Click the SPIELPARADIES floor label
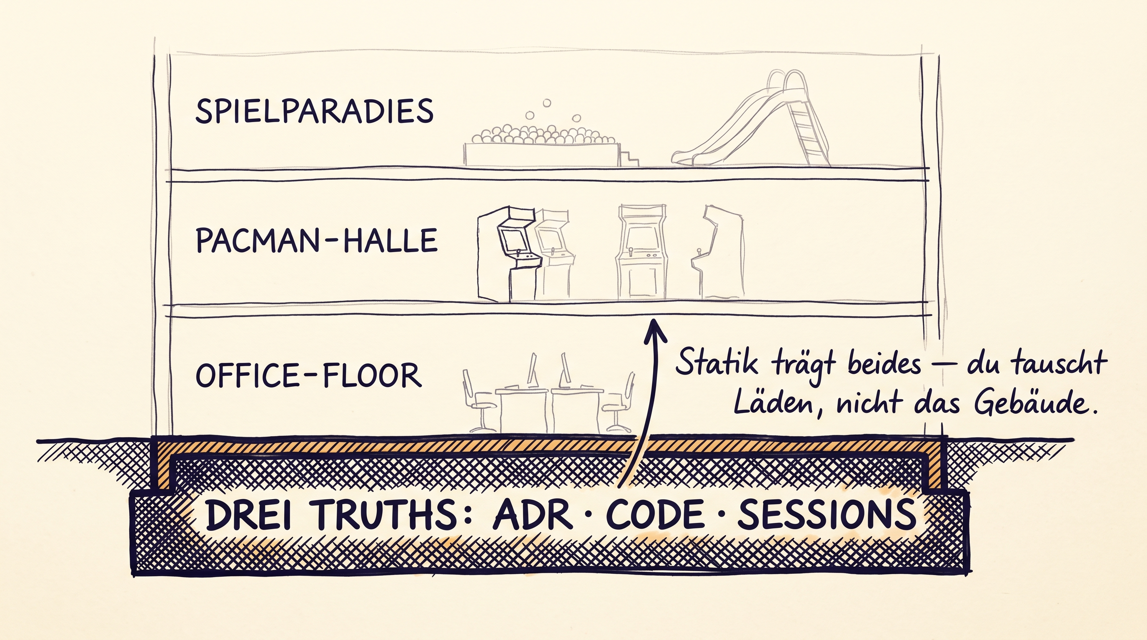pos(314,111)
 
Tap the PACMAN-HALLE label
pos(317,240)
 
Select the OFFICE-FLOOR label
pos(308,375)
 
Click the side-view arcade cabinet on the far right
pos(718,252)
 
